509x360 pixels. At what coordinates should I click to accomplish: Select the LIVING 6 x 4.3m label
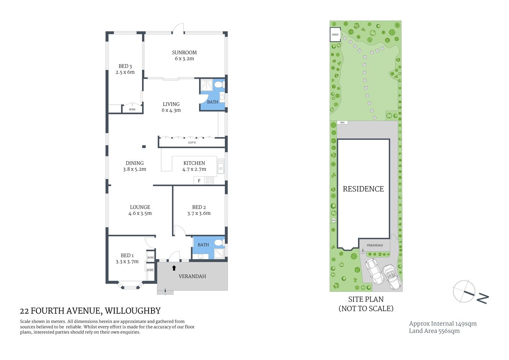click(171, 107)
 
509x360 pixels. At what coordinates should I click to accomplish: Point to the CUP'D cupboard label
click(192, 143)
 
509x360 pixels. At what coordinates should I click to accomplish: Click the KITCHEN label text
click(194, 163)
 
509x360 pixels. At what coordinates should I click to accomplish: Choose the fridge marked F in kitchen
click(199, 181)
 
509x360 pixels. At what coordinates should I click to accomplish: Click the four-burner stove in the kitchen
click(210, 181)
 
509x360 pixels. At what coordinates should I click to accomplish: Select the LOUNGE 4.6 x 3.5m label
click(140, 210)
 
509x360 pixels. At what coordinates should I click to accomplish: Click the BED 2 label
click(199, 207)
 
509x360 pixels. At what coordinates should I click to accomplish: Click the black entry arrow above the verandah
click(174, 268)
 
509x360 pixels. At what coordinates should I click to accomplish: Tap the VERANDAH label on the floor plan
click(192, 276)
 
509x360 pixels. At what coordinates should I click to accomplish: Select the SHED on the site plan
click(335, 35)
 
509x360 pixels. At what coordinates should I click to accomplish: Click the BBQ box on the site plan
click(342, 123)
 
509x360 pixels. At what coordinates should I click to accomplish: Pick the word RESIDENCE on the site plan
click(363, 189)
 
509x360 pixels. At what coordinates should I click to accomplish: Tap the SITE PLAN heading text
click(366, 299)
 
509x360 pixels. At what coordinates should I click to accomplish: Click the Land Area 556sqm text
click(434, 331)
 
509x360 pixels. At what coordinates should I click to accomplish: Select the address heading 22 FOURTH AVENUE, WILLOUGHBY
click(90, 311)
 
